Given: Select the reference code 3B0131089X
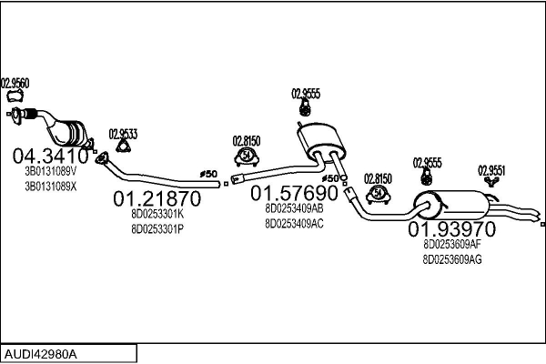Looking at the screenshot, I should (50, 186).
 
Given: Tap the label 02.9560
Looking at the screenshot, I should (15, 84).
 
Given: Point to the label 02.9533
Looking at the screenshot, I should (123, 134).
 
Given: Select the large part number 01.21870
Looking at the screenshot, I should (156, 198).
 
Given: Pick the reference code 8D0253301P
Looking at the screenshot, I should (157, 229).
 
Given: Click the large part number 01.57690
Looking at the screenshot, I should (295, 193).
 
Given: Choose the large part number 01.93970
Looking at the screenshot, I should (451, 228).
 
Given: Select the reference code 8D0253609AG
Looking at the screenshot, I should (451, 259).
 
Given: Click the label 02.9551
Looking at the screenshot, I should (491, 169).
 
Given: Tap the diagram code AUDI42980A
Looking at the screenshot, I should (42, 353).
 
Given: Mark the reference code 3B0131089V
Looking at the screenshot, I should (50, 170).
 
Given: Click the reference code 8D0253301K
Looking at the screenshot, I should (157, 214).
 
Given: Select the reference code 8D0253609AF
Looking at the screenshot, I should (451, 244).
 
